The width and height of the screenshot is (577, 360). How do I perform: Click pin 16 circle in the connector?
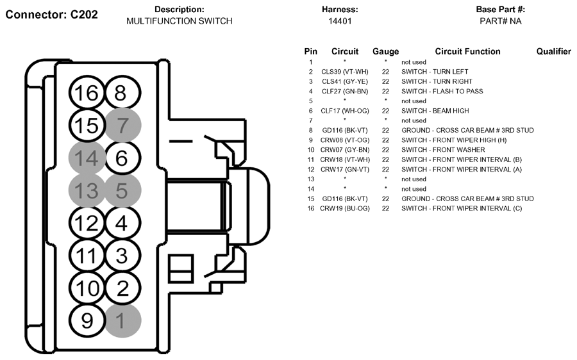(x=87, y=93)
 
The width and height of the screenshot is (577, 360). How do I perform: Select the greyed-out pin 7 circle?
(x=123, y=125)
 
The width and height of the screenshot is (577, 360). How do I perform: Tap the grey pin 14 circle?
(x=87, y=158)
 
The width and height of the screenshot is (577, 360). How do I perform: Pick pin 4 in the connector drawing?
(x=123, y=223)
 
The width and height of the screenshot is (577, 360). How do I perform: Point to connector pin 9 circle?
(x=87, y=320)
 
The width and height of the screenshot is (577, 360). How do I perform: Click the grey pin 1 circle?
(x=123, y=320)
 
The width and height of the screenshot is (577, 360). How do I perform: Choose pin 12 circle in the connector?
(x=87, y=223)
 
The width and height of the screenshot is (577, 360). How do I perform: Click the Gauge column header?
(x=385, y=51)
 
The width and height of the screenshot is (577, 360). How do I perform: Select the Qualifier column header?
(x=553, y=51)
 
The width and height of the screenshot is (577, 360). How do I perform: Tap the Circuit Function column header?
(x=467, y=51)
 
